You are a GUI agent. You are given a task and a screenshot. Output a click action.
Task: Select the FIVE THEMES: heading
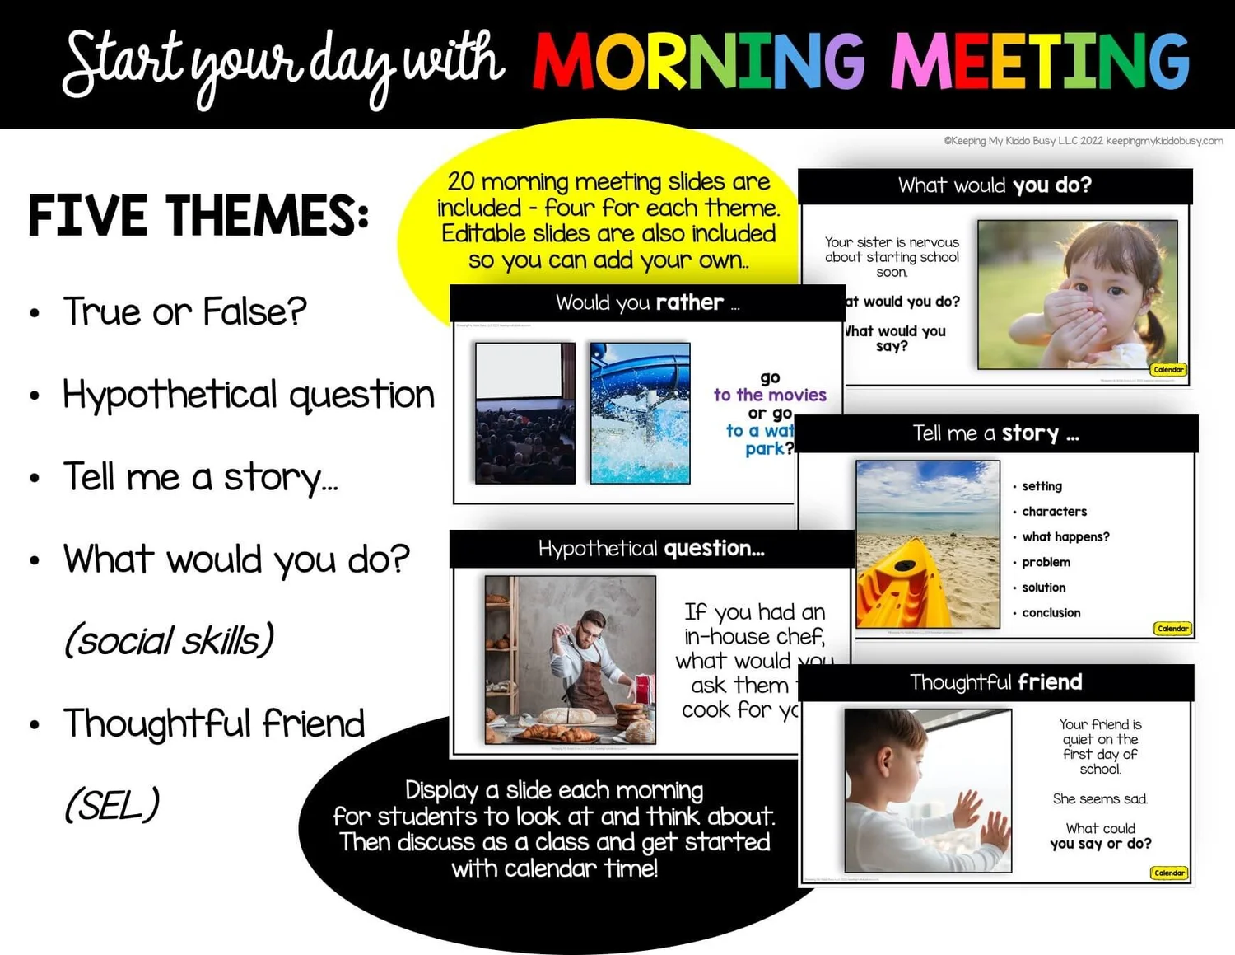(x=198, y=216)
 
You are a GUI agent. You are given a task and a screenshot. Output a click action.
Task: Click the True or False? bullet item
(x=184, y=311)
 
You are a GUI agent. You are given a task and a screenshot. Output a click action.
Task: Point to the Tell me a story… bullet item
(x=200, y=477)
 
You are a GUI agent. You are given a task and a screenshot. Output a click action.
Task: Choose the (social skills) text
(x=169, y=640)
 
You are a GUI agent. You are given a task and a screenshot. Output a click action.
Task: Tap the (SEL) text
(x=112, y=805)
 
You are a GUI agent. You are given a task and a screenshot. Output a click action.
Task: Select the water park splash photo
(x=640, y=413)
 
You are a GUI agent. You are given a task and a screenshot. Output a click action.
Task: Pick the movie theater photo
(x=524, y=413)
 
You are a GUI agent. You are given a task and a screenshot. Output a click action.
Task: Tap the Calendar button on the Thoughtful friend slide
(x=1169, y=873)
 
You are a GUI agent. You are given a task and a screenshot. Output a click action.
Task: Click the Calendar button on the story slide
(x=1172, y=629)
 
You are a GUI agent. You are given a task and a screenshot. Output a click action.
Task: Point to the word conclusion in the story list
(x=1051, y=612)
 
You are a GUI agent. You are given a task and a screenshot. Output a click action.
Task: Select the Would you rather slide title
(x=647, y=302)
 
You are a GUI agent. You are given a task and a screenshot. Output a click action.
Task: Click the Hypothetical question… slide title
(x=651, y=549)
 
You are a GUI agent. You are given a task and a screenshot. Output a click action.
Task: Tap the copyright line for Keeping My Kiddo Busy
(x=1083, y=141)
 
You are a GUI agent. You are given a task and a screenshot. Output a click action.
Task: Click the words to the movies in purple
(x=770, y=395)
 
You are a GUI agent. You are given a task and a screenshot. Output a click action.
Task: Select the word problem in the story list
(x=1046, y=562)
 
